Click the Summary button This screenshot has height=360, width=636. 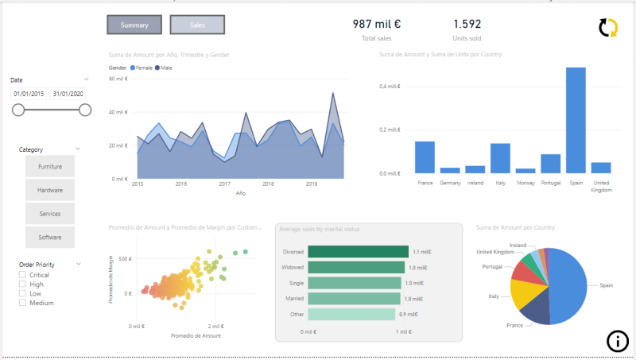pos(134,25)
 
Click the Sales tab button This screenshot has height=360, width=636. pos(197,25)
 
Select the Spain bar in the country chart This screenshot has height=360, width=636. pos(576,120)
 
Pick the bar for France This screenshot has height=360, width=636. pos(425,157)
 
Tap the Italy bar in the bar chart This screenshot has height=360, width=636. pos(500,158)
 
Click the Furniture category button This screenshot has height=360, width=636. pos(50,166)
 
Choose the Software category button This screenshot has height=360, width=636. pos(50,238)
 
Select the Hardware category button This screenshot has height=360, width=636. pos(50,190)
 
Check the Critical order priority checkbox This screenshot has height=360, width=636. pos(23,275)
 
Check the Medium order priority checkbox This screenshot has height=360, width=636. pos(23,303)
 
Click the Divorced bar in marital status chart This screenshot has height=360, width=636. pos(358,251)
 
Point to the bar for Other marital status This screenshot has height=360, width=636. pos(351,314)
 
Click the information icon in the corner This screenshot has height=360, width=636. pos(617,341)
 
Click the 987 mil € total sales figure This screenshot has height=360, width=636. pos(376,25)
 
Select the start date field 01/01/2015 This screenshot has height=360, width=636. pos(29,94)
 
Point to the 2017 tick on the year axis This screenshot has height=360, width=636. pos(225,184)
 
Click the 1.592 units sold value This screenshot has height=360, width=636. pos(467,25)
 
